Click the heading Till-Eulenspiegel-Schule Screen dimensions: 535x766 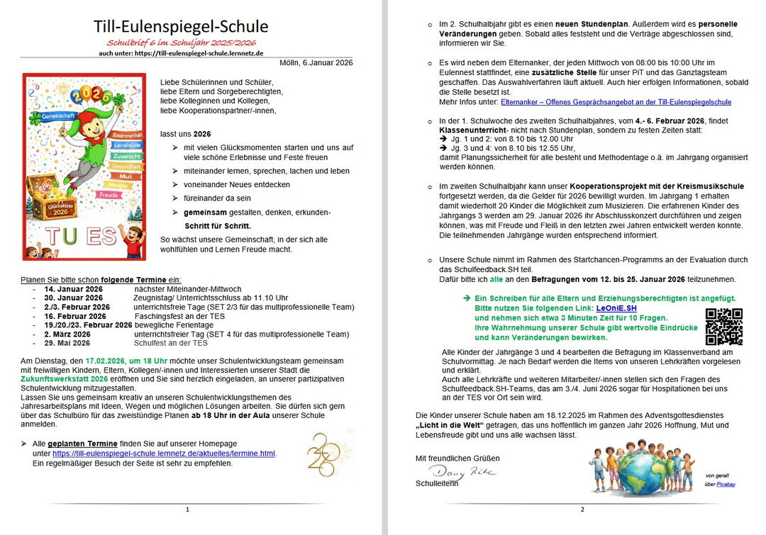[x=181, y=27]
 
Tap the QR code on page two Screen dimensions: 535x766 [x=724, y=327]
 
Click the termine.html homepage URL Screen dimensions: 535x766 [x=164, y=454]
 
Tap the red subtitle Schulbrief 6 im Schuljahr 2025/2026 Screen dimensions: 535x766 [x=181, y=44]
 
